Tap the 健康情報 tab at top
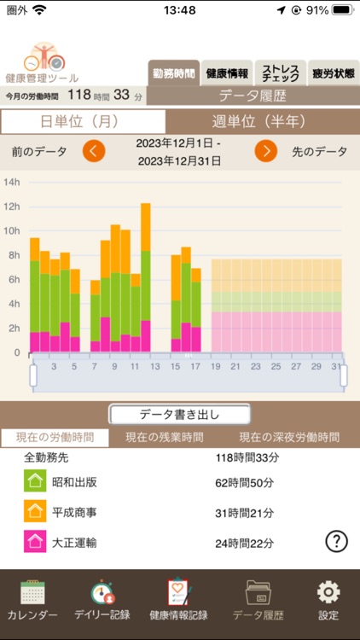[x=227, y=73]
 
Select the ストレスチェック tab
[x=279, y=73]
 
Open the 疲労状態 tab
[x=332, y=73]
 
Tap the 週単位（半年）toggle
[x=262, y=121]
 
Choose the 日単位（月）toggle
[x=83, y=121]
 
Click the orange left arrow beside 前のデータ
[x=94, y=152]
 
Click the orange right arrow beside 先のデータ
[x=266, y=152]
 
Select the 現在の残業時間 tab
[x=164, y=437]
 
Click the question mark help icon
[x=337, y=540]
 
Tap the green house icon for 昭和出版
[x=35, y=482]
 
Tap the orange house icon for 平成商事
[x=35, y=511]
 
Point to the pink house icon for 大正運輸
[x=35, y=541]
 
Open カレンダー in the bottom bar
[x=32, y=601]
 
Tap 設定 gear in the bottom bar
[x=328, y=601]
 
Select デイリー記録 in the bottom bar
[x=102, y=601]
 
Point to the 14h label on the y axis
[x=11, y=182]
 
